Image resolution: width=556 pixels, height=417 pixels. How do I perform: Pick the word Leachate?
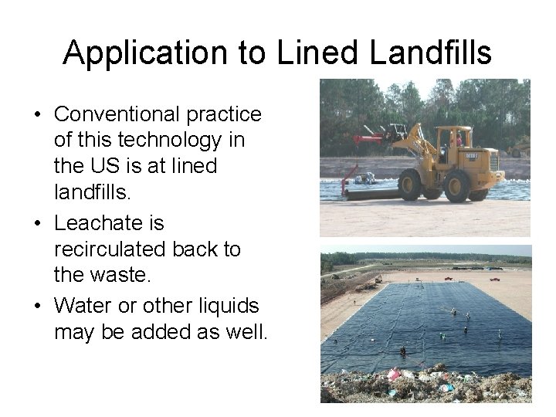pyautogui.click(x=109, y=223)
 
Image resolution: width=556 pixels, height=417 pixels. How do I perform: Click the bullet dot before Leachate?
pyautogui.click(x=38, y=225)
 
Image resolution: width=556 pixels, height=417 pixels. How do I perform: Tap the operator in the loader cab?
pyautogui.click(x=459, y=141)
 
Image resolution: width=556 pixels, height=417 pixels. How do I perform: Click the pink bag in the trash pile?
pyautogui.click(x=395, y=375)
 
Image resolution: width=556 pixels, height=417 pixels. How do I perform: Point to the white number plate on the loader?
pyautogui.click(x=473, y=156)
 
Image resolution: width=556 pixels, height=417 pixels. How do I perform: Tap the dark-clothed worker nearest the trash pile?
pyautogui.click(x=403, y=351)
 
